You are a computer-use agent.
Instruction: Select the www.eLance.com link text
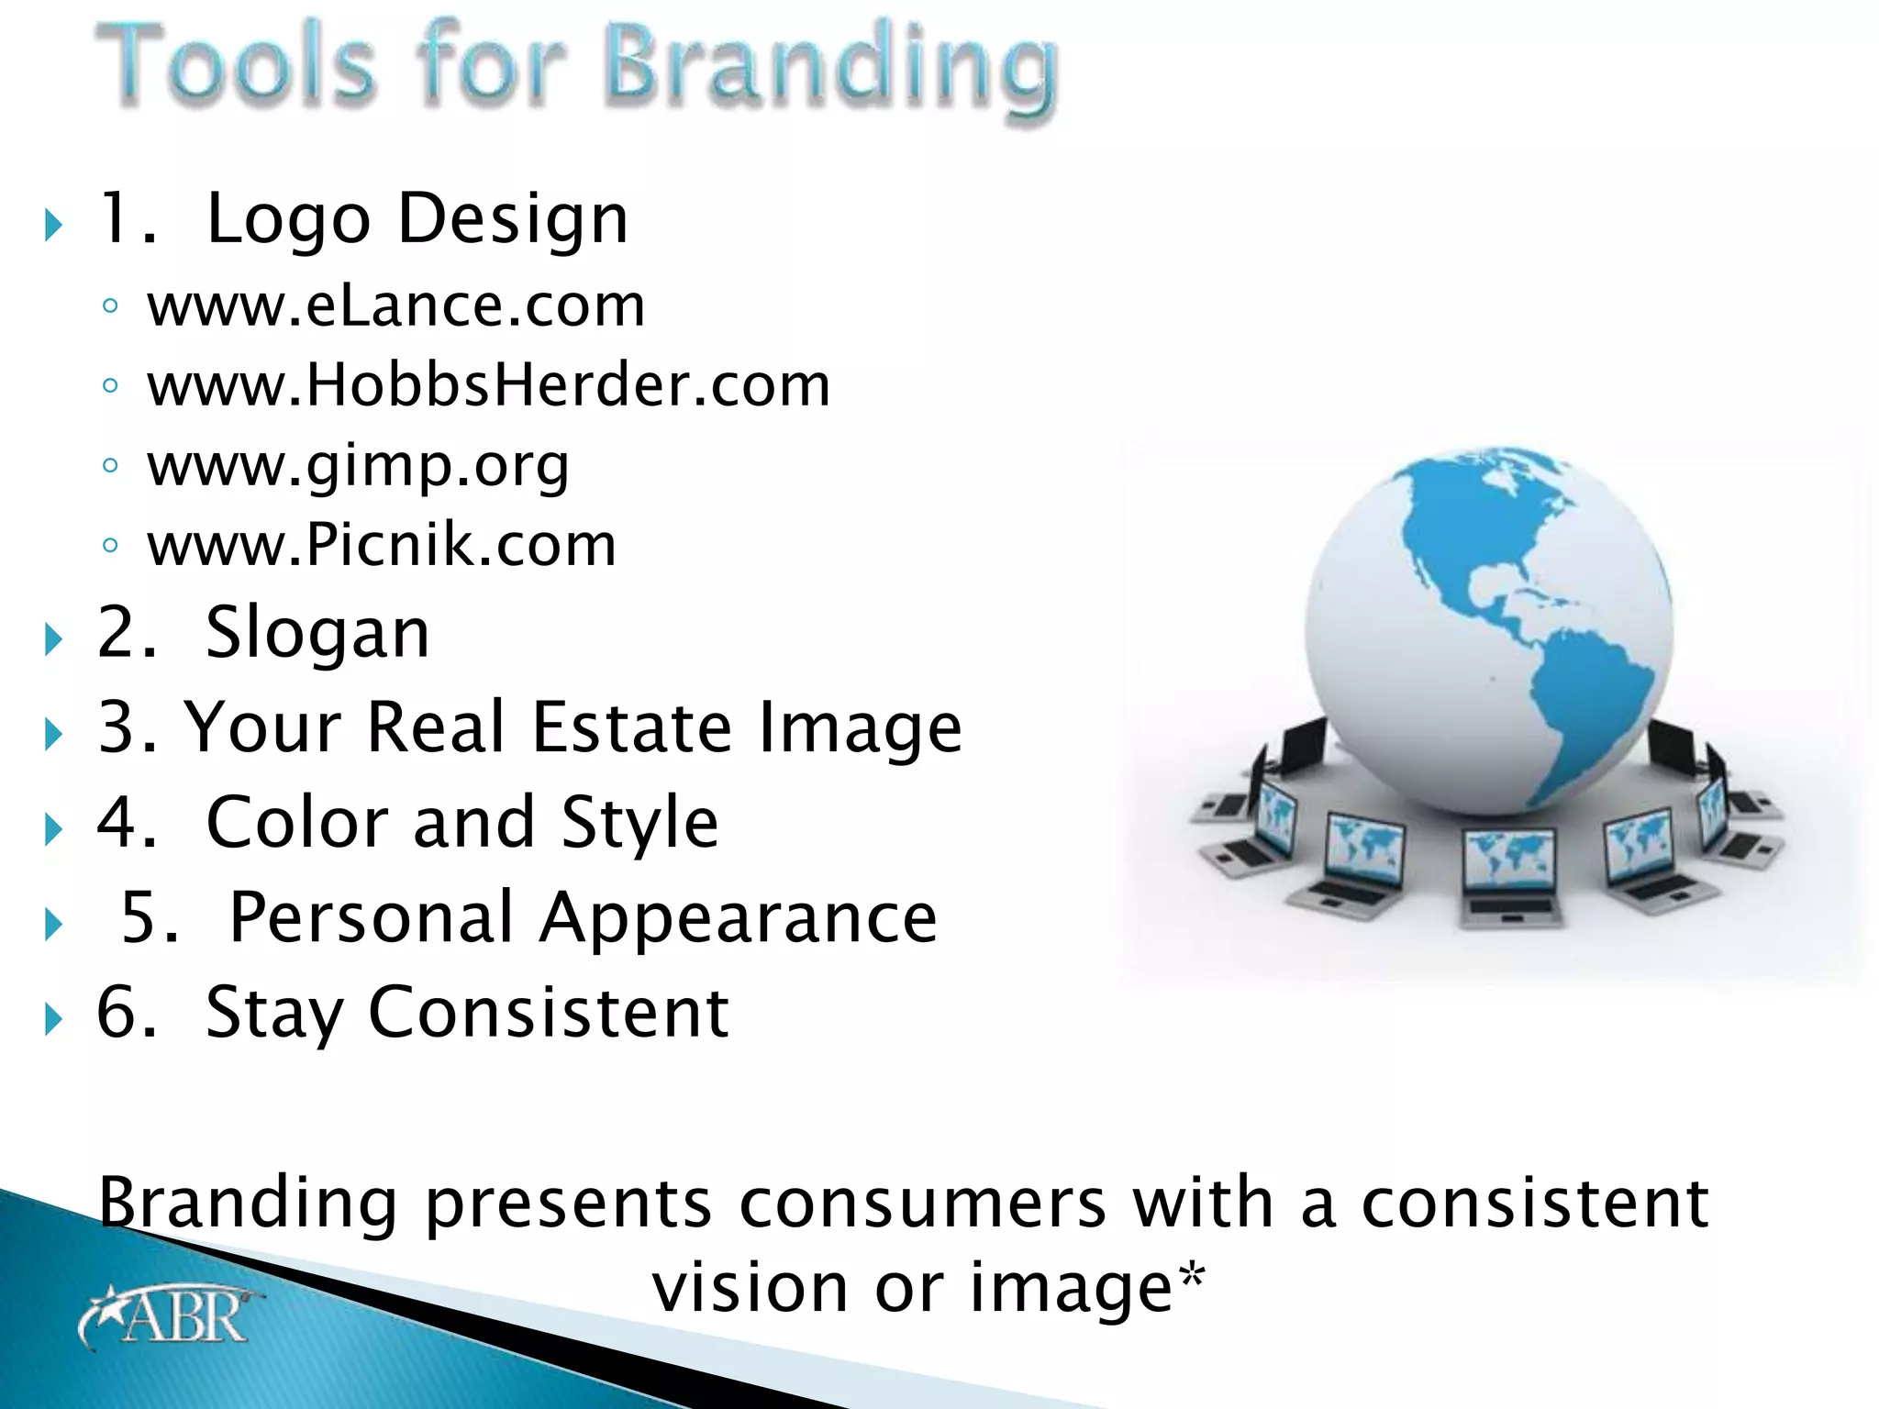396,305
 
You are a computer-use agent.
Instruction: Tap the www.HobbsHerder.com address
488,385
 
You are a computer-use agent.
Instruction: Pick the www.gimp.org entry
358,466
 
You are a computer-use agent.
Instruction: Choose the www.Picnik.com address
382,545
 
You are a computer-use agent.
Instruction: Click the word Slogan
317,633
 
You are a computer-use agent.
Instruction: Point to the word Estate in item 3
631,727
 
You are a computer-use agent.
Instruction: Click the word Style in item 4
639,823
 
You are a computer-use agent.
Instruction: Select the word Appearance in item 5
739,917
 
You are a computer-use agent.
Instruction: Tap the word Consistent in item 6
549,1013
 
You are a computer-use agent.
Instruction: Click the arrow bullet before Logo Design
53,225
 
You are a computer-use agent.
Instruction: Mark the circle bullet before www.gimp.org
110,466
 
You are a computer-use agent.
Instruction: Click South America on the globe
1583,706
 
